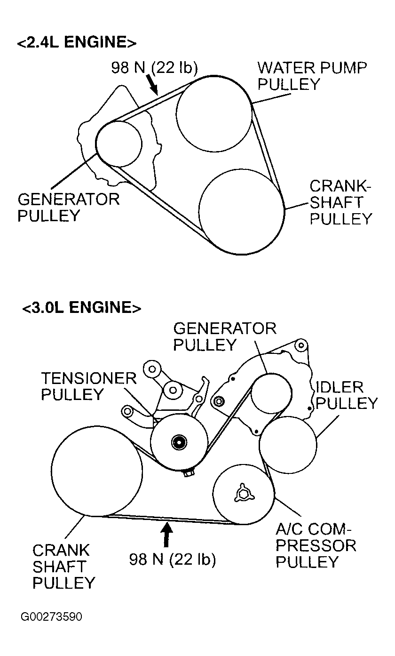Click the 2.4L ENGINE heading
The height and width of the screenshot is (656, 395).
[x=77, y=42]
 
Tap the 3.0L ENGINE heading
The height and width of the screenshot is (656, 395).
[x=82, y=307]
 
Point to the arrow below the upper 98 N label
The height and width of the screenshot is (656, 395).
[x=152, y=85]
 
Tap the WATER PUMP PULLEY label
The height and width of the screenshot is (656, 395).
[x=312, y=76]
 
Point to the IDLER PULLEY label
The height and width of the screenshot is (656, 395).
[x=347, y=395]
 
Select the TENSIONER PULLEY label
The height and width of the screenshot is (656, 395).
[x=89, y=386]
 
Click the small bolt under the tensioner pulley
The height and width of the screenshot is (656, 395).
[x=189, y=473]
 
